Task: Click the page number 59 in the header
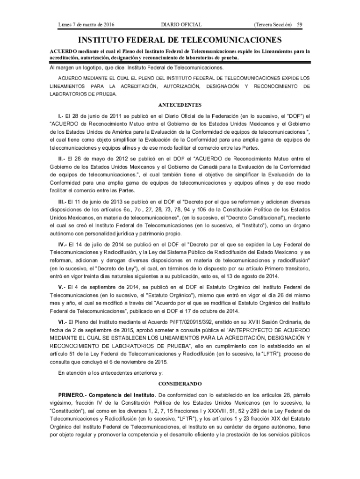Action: (x=300, y=24)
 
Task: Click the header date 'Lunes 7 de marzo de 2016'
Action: (x=86, y=24)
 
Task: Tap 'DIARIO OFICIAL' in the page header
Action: (x=181, y=24)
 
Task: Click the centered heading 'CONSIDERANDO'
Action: (x=180, y=383)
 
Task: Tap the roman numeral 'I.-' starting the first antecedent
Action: (x=60, y=115)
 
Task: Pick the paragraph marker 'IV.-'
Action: (x=63, y=244)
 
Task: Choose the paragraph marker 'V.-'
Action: (x=61, y=287)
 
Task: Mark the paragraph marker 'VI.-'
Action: (x=63, y=322)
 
